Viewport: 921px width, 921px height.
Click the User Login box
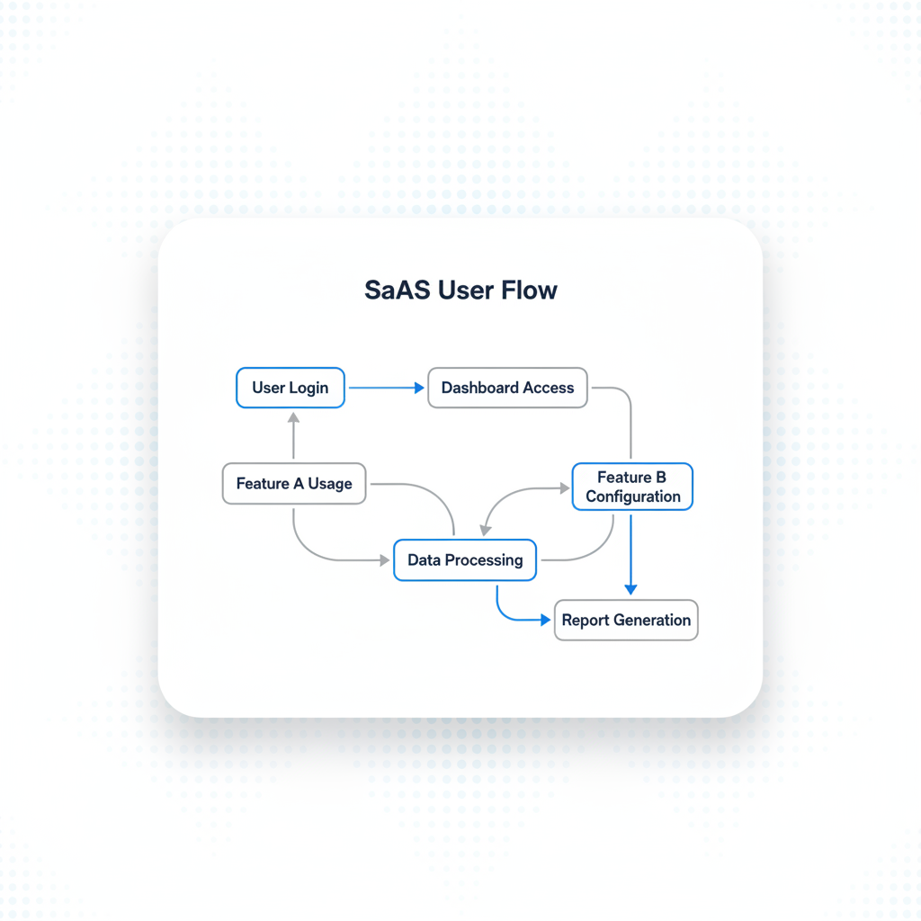point(290,388)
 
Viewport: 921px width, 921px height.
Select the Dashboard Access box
point(507,388)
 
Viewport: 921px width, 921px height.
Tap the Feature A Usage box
point(293,484)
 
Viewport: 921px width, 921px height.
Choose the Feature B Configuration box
point(632,487)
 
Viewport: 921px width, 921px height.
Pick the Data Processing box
point(464,559)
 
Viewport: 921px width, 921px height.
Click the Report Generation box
point(626,620)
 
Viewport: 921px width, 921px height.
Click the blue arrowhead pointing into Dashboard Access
point(419,388)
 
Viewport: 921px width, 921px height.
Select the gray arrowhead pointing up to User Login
point(293,417)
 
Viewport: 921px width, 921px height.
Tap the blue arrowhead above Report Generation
point(630,589)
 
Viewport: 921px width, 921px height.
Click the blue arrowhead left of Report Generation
point(545,620)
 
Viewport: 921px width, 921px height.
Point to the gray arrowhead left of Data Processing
point(385,559)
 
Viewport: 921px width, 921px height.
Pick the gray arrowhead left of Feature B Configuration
point(565,488)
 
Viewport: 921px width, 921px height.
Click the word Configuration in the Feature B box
point(633,496)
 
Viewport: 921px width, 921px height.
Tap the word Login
point(308,388)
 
